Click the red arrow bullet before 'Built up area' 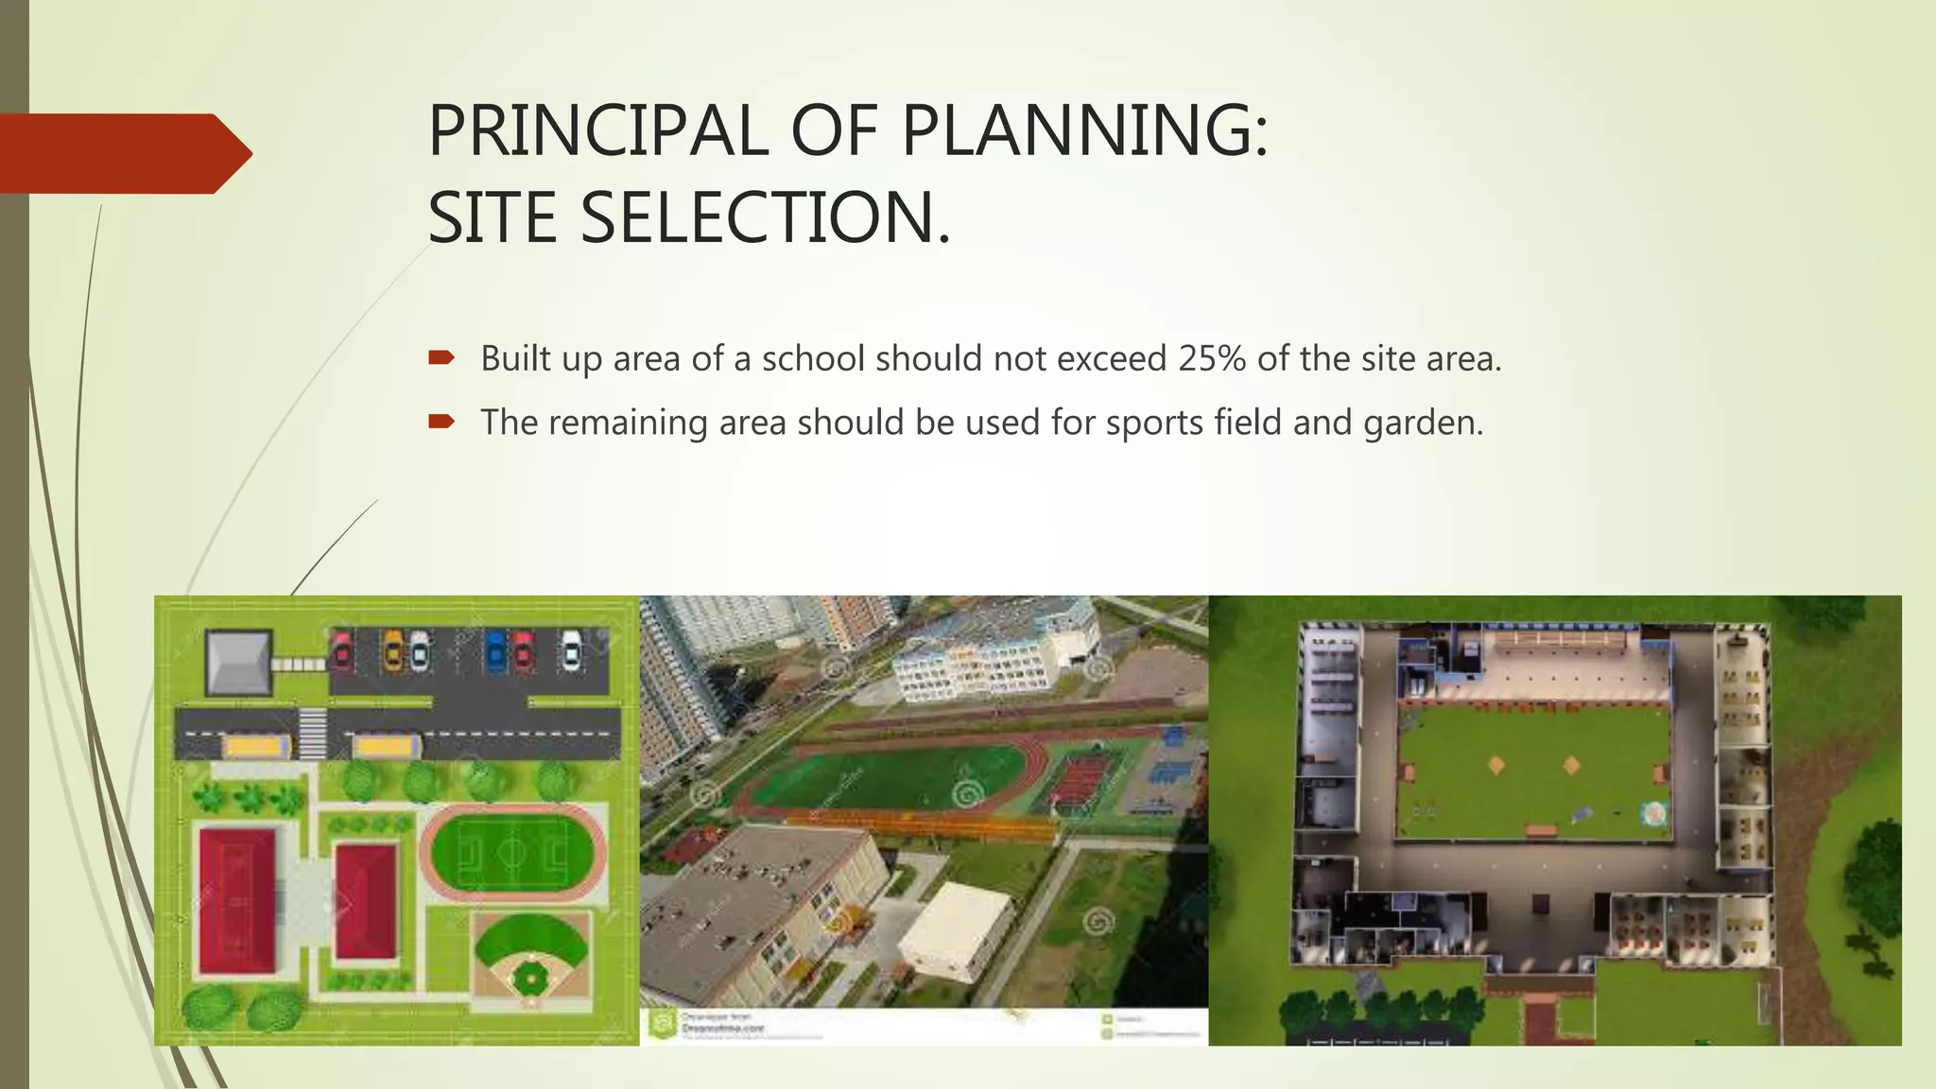click(x=441, y=357)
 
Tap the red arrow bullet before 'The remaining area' click(x=441, y=421)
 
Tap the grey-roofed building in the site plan click(x=237, y=661)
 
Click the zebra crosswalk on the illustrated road click(x=313, y=734)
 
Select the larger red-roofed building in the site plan click(x=237, y=901)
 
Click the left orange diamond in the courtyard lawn click(x=1496, y=765)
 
